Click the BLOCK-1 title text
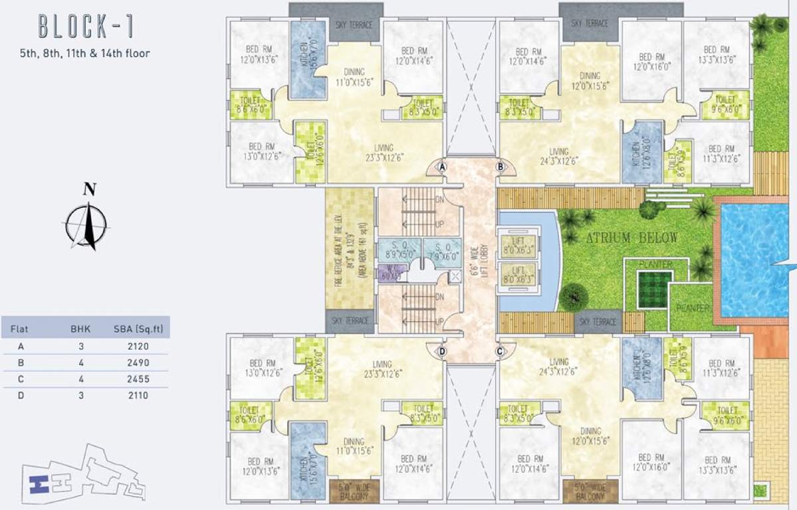[x=86, y=27]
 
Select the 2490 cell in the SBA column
[x=138, y=363]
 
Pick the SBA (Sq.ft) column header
[x=138, y=328]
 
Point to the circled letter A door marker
[x=441, y=168]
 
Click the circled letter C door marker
[x=499, y=351]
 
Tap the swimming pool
[x=758, y=259]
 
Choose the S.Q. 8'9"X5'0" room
[x=399, y=248]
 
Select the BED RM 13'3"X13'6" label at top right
[x=716, y=54]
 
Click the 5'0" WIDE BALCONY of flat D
[x=354, y=491]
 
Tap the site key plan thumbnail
[x=83, y=471]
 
